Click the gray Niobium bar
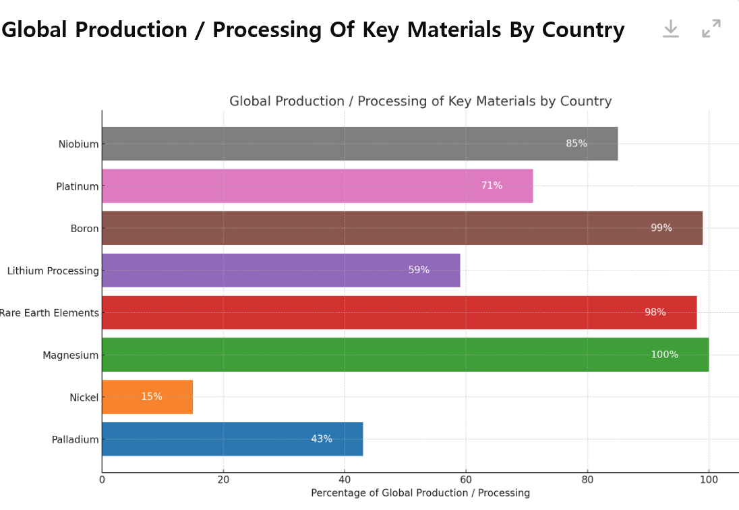pyautogui.click(x=359, y=144)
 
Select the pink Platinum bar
pyautogui.click(x=317, y=186)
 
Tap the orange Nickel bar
pyautogui.click(x=147, y=397)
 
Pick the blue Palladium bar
pyautogui.click(x=232, y=439)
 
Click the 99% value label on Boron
pyautogui.click(x=661, y=228)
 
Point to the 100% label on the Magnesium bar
pyautogui.click(x=664, y=355)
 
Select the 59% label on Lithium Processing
pyautogui.click(x=419, y=270)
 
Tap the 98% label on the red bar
pyautogui.click(x=655, y=312)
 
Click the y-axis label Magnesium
pyautogui.click(x=70, y=356)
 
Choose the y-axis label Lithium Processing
pyautogui.click(x=53, y=271)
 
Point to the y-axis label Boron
pyautogui.click(x=84, y=229)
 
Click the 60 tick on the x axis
pyautogui.click(x=466, y=480)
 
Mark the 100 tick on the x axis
pyautogui.click(x=709, y=480)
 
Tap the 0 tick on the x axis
pyautogui.click(x=102, y=480)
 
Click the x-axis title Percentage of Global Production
pyautogui.click(x=420, y=493)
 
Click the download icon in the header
pyautogui.click(x=670, y=28)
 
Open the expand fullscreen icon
pyautogui.click(x=711, y=28)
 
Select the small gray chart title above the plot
pyautogui.click(x=420, y=101)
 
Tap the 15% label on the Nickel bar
pyautogui.click(x=151, y=397)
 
